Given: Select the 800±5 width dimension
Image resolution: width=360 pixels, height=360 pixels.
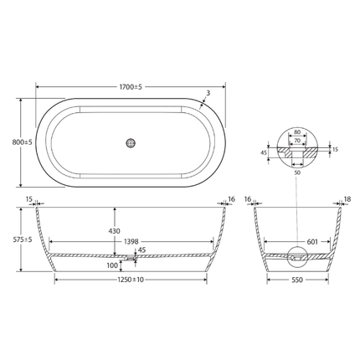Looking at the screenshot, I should click(11, 141).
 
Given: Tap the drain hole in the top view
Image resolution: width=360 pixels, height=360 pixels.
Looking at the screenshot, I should click(131, 141).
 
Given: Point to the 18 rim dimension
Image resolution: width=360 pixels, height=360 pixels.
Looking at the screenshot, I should click(347, 199).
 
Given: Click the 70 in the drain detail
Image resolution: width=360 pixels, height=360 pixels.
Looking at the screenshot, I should click(297, 141).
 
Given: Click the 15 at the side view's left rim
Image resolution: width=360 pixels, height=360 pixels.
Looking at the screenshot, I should click(29, 198).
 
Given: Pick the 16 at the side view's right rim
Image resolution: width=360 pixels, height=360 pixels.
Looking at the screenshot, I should click(232, 198).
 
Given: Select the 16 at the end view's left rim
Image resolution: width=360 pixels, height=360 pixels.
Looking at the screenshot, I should click(249, 199).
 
